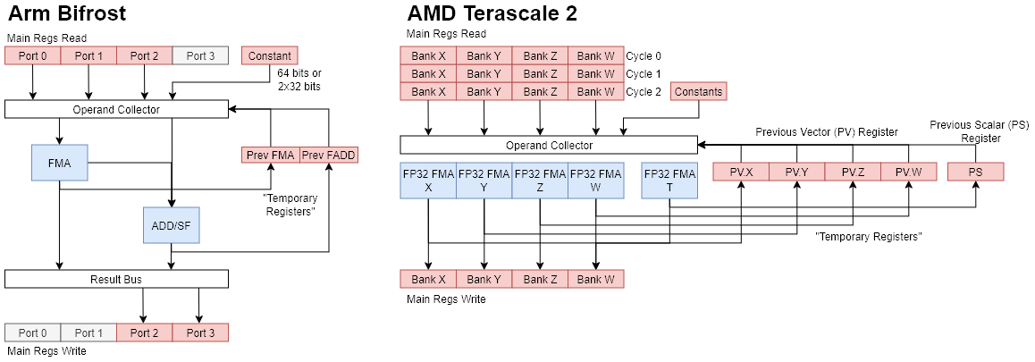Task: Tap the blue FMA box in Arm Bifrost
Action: point(60,163)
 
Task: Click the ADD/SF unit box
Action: point(171,224)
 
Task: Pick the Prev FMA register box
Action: point(270,155)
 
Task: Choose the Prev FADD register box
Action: point(328,155)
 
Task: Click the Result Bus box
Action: point(116,279)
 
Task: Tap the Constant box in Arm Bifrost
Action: point(269,55)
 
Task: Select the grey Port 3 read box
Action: point(200,55)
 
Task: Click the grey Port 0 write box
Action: point(32,333)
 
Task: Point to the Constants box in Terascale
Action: point(698,91)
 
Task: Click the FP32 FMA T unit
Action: point(669,181)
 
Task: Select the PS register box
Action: point(975,172)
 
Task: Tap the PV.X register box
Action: point(741,172)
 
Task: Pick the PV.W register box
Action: point(908,172)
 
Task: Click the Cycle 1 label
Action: point(644,73)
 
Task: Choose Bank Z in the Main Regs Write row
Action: point(540,279)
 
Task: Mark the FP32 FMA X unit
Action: point(428,181)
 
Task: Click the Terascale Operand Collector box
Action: point(548,145)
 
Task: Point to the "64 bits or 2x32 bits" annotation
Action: point(299,80)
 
